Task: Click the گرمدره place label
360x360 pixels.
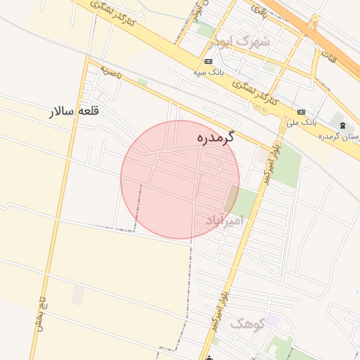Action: (215, 139)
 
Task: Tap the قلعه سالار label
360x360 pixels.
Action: (74, 111)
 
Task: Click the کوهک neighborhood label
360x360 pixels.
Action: (246, 324)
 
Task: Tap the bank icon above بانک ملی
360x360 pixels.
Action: (301, 112)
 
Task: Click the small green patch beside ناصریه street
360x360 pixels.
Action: (143, 82)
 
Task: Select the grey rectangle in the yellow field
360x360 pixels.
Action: (77, 295)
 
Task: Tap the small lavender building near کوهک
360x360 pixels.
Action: (272, 321)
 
